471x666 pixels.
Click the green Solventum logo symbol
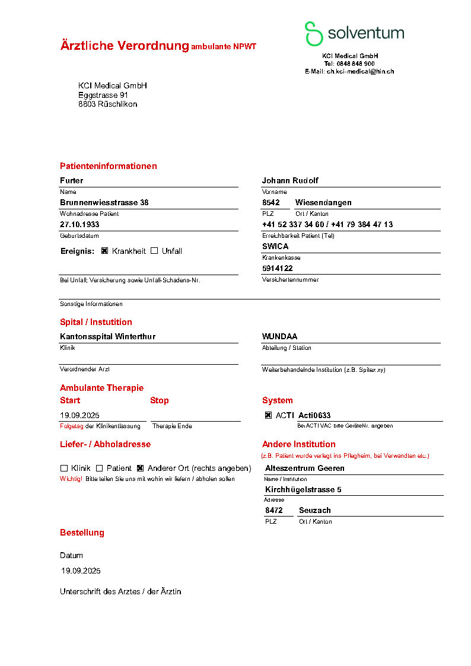tap(314, 34)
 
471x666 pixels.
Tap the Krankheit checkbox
tap(104, 251)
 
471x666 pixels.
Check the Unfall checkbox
tap(154, 251)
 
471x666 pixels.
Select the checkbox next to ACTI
tap(268, 416)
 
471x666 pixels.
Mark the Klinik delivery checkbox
tap(64, 468)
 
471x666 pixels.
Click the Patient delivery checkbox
tap(100, 468)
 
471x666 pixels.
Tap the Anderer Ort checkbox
tap(141, 468)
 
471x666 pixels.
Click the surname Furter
tap(72, 180)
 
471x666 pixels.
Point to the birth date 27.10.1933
tap(79, 225)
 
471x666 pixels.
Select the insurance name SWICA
tap(275, 246)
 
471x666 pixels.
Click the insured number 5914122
tap(277, 268)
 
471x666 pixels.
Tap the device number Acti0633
tap(314, 416)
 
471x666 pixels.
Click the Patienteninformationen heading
tap(109, 166)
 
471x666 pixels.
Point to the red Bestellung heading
tap(82, 533)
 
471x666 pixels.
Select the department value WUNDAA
tap(279, 336)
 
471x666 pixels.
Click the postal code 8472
tap(273, 510)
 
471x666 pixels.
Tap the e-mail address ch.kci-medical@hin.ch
tap(360, 71)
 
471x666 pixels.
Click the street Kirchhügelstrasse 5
tap(303, 489)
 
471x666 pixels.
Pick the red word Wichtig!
tap(71, 479)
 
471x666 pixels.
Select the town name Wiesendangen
tap(323, 202)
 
